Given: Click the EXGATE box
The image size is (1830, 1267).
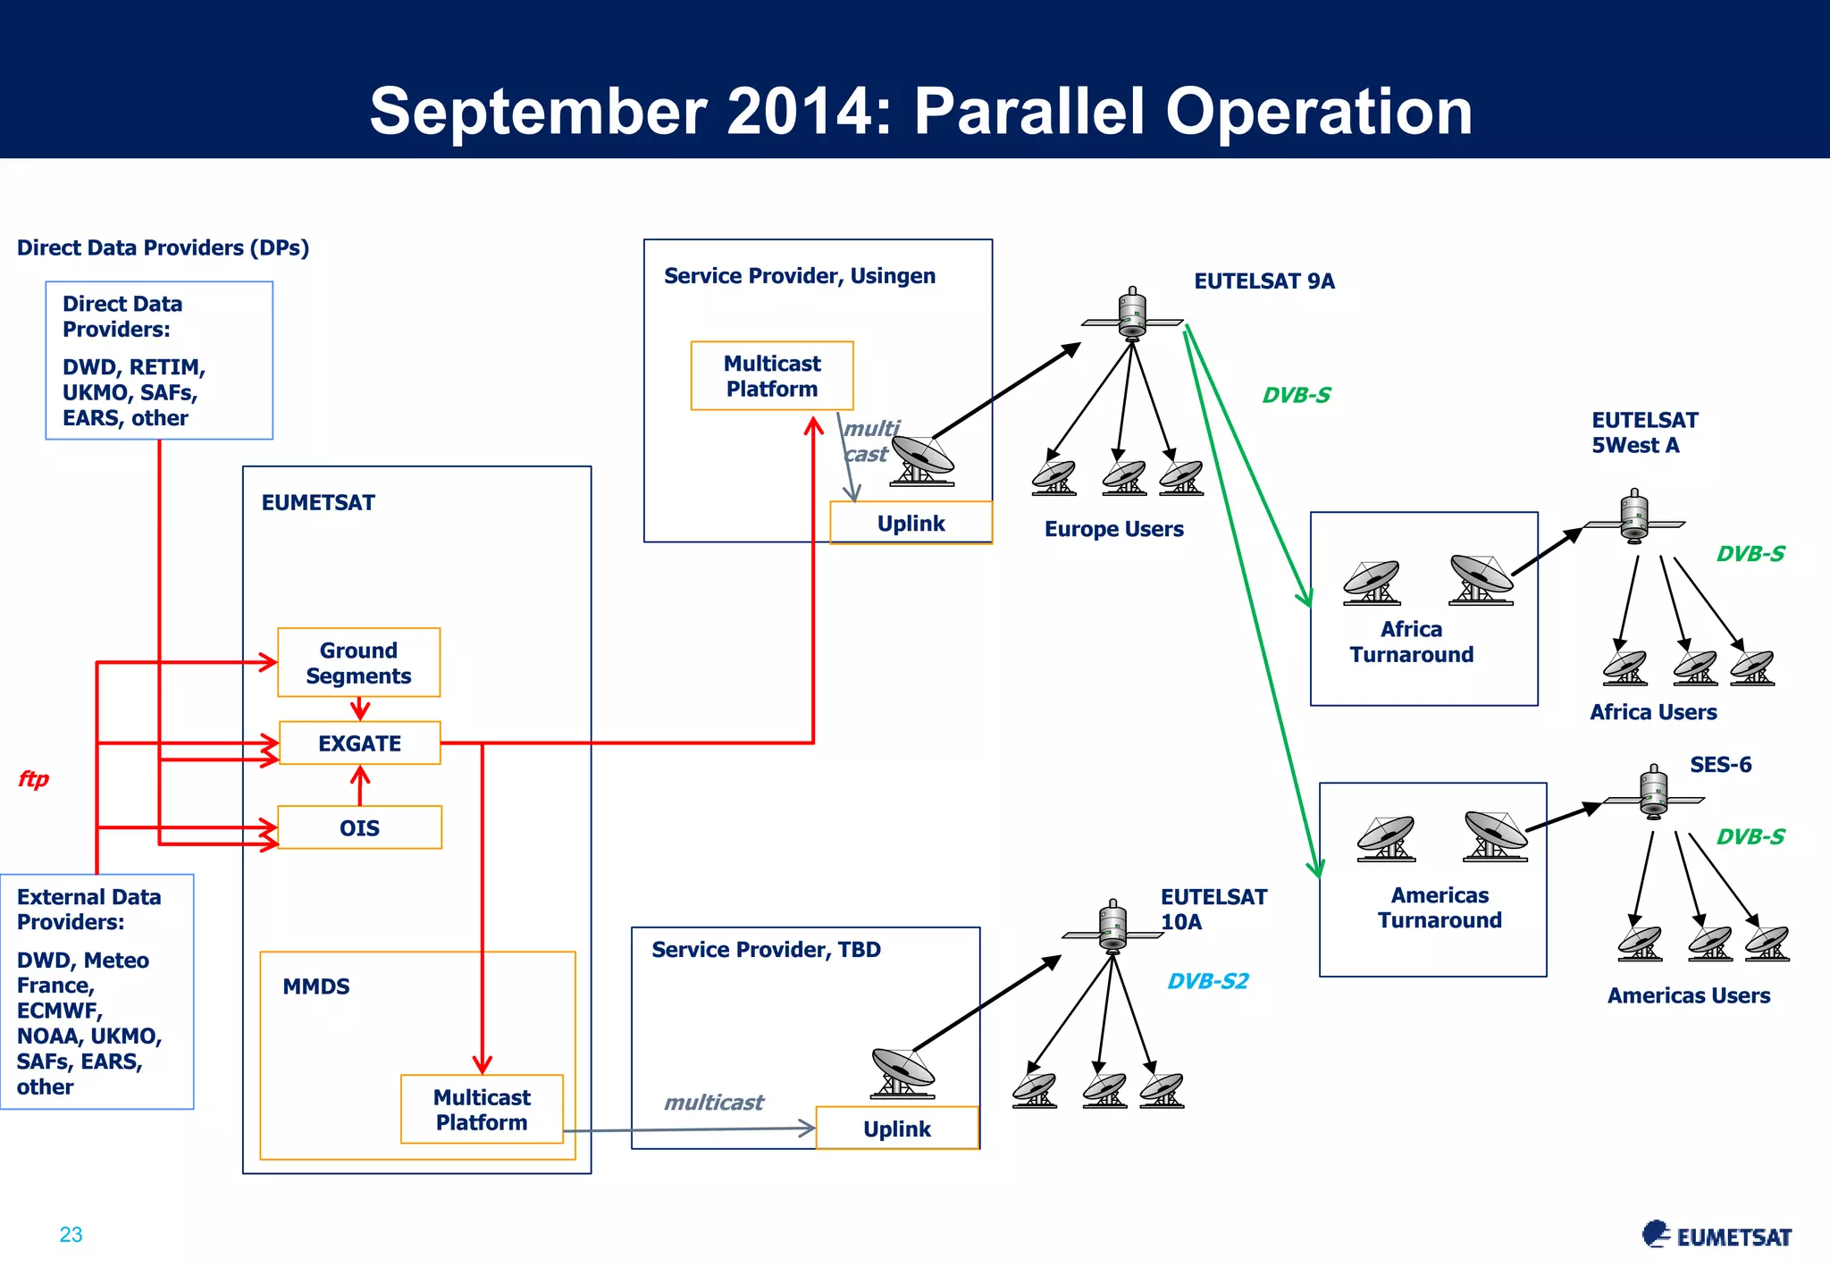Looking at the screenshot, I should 360,743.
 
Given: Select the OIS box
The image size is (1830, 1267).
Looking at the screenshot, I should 360,828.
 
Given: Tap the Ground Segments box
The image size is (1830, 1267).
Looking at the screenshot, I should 359,663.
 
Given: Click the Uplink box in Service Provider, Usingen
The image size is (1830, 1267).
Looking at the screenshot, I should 911,524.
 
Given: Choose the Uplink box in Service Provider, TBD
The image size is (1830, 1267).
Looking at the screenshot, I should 897,1129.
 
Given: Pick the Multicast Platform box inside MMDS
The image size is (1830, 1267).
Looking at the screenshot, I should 482,1110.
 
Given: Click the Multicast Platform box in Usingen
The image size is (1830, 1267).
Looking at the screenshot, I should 772,376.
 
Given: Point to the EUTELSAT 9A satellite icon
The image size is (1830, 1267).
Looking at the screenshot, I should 1132,315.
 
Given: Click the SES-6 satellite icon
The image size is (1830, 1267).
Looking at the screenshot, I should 1654,793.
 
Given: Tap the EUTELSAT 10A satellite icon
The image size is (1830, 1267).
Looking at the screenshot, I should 1112,927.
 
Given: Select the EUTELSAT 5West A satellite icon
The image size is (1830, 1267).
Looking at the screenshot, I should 1634,516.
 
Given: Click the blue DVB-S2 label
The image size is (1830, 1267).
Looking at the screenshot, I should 1208,981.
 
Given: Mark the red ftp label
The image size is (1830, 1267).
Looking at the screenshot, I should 34,779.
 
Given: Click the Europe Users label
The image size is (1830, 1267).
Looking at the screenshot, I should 1113,529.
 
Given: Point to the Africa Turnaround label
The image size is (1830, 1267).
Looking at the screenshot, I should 1412,642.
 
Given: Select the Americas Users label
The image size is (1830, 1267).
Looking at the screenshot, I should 1688,995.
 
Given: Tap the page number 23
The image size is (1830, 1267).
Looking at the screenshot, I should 71,1235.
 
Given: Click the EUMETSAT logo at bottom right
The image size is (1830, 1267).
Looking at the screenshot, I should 1717,1236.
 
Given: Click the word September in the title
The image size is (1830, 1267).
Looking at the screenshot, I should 538,112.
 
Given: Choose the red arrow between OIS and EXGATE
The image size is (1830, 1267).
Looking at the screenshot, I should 360,785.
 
